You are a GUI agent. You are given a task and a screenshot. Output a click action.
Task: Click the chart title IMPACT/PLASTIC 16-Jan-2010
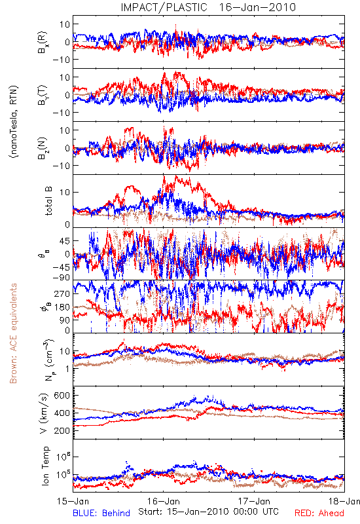pos(208,7)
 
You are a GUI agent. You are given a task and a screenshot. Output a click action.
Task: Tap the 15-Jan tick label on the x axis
pos(73,501)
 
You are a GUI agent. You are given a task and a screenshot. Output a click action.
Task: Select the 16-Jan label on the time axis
pos(164,501)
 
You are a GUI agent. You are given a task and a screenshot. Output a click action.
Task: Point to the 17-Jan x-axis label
pos(254,501)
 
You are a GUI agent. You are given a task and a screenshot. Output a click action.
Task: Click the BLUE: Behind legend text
pos(101,513)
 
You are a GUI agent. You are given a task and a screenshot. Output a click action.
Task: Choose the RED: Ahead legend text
pos(319,513)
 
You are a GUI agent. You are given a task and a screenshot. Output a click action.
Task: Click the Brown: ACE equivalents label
pos(13,333)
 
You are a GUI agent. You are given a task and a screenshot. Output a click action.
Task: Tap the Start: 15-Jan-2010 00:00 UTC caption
pos(208,512)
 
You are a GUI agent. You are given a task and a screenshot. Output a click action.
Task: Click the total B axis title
pos(48,201)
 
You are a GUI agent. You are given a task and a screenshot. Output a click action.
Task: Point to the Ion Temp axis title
pos(45,466)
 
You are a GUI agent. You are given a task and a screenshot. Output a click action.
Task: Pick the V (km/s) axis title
pos(44,413)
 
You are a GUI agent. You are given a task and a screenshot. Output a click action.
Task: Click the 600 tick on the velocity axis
pos(62,396)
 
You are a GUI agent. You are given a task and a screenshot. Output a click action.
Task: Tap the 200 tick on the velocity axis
pos(62,430)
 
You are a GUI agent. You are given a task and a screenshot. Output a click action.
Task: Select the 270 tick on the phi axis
pos(62,293)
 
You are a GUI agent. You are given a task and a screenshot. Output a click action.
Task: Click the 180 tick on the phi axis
pos(62,307)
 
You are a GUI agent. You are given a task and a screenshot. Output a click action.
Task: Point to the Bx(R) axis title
pos(43,42)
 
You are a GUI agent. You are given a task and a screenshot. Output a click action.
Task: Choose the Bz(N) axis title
pos(43,148)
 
